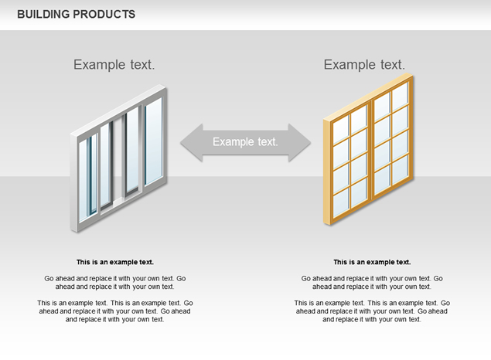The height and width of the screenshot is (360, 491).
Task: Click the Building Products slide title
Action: [x=76, y=14]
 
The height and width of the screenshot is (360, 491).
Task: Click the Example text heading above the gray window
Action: [x=114, y=65]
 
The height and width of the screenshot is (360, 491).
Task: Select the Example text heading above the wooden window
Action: [x=364, y=65]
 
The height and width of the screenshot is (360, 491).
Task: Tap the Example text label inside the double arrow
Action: [x=245, y=141]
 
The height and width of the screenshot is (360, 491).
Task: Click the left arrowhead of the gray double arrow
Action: [x=191, y=143]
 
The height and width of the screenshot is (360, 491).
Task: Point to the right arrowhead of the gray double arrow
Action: [x=300, y=143]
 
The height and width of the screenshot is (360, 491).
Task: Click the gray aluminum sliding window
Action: [x=118, y=158]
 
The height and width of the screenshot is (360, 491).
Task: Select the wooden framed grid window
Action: [x=369, y=149]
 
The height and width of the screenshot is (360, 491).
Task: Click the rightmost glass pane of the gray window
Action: [x=154, y=141]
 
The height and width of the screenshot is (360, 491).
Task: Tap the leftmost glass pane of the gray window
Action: [x=83, y=180]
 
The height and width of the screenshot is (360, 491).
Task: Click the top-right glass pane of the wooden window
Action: [x=401, y=95]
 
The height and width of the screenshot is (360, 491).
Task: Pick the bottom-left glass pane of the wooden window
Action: [x=340, y=203]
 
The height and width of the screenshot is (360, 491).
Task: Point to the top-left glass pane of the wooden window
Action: [x=340, y=128]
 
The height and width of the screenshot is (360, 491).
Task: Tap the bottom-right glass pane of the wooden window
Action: [x=401, y=170]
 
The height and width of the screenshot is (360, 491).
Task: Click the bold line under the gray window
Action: [x=115, y=262]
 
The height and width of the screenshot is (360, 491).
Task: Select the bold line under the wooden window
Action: [x=372, y=262]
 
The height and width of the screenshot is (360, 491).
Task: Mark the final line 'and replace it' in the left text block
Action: [x=114, y=319]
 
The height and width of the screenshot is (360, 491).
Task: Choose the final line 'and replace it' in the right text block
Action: [x=372, y=319]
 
